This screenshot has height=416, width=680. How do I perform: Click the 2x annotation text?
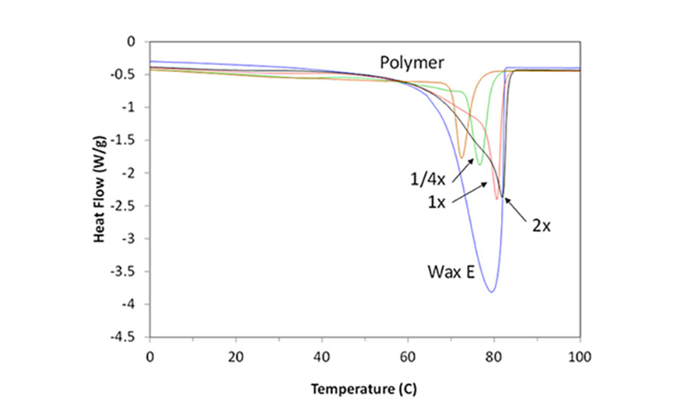point(540,225)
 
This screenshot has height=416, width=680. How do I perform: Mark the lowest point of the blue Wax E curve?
point(492,292)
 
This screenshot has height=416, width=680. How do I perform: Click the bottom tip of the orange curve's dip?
point(462,157)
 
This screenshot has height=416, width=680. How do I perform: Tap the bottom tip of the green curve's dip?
point(479,164)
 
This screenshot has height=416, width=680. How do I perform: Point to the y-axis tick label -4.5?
point(131,337)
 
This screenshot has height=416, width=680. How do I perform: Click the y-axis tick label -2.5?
point(131,206)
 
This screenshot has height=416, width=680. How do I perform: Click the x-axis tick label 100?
point(580,355)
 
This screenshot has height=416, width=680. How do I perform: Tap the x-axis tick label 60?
point(408,355)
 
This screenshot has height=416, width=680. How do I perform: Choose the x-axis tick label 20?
point(236,355)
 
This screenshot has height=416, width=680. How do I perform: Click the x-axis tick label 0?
point(150,355)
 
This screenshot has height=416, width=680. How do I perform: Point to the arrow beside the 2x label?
point(514,208)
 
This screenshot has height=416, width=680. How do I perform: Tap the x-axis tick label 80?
point(494,355)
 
